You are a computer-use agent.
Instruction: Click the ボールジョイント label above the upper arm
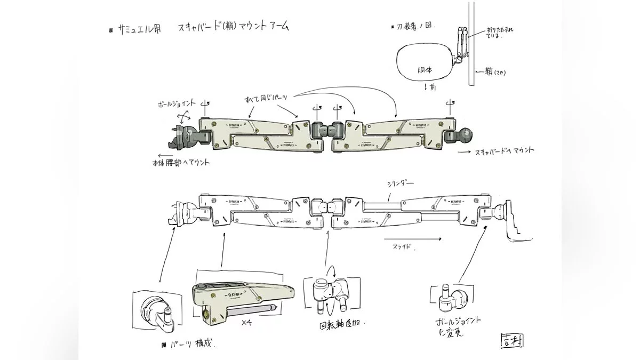[x=177, y=102]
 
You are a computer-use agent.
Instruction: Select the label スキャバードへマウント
[x=503, y=151]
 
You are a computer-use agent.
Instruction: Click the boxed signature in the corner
[x=511, y=339]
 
